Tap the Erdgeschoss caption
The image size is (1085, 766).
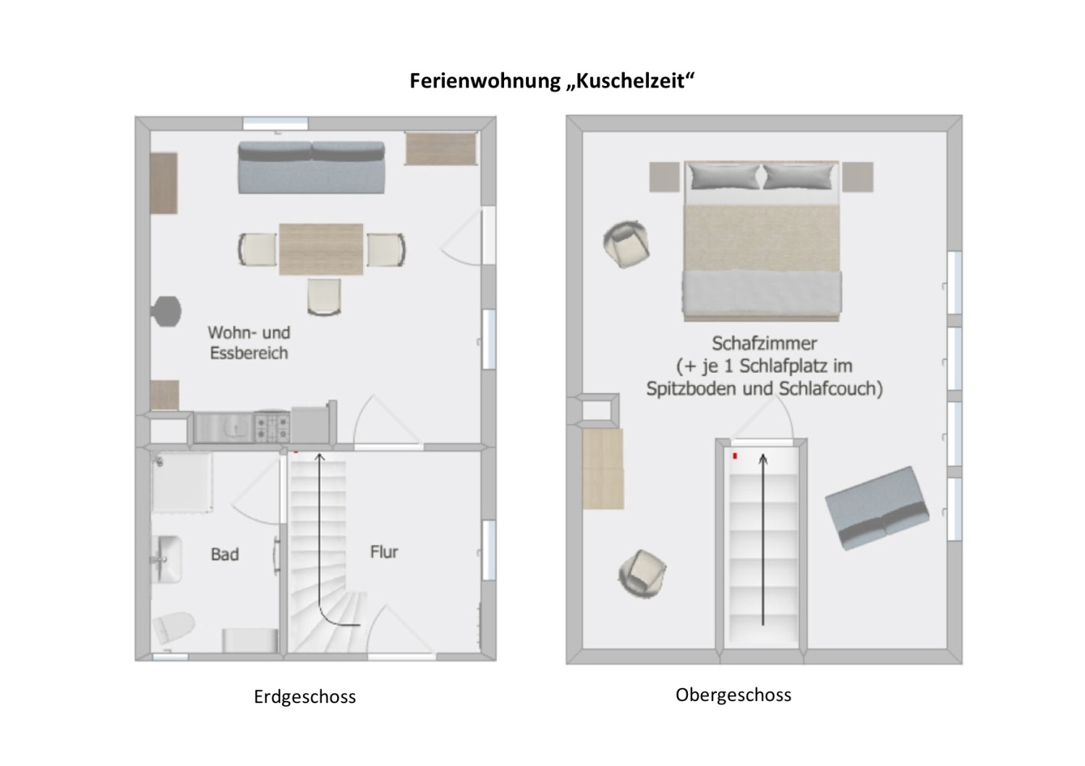coord(305,697)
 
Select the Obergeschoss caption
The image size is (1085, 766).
coord(733,695)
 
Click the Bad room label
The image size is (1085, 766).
coord(224,554)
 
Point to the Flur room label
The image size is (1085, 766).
coord(384,552)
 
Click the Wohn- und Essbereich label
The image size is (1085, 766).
coord(249,343)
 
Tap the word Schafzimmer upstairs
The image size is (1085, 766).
coord(764,343)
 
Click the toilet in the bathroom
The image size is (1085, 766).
coord(174,627)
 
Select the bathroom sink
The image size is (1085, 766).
coord(166,559)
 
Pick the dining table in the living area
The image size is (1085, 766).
coord(321,249)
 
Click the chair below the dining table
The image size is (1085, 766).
coord(323,296)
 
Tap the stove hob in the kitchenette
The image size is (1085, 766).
coord(272,427)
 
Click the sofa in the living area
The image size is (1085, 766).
coord(311,168)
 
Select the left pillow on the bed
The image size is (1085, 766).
coord(723,176)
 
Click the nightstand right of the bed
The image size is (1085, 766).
coord(858,177)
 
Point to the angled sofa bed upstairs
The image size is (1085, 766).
coord(877,508)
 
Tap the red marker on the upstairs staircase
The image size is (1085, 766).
coord(735,456)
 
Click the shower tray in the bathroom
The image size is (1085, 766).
coord(182,483)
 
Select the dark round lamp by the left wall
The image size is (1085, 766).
coord(166,311)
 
